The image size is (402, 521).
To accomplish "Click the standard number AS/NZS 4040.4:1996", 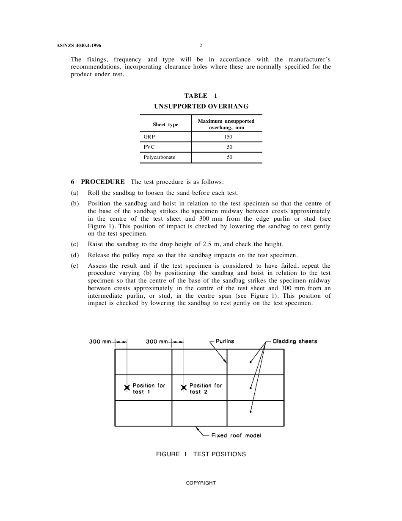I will (79, 45).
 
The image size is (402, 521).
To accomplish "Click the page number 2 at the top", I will (201, 45).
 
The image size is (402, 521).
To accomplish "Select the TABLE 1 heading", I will (201, 96).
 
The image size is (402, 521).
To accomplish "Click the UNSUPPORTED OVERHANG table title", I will (201, 106).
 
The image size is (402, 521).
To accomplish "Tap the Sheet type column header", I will (165, 125).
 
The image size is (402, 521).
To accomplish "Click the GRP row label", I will (149, 137).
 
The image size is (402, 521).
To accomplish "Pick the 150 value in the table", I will (229, 137).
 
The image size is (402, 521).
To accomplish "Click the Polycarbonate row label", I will (159, 157).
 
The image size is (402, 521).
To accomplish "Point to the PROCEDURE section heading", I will (103, 182).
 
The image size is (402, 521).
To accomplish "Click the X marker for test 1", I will (127, 388).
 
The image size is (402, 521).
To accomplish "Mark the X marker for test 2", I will (184, 388).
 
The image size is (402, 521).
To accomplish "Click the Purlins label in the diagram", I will (225, 341).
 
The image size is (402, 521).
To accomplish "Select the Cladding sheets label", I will (295, 341).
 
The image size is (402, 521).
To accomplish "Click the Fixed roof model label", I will (236, 435).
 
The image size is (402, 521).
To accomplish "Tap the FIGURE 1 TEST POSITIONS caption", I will (201, 454).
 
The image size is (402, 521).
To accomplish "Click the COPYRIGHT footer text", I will (201, 483).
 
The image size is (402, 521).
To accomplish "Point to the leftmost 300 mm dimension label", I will (100, 341).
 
